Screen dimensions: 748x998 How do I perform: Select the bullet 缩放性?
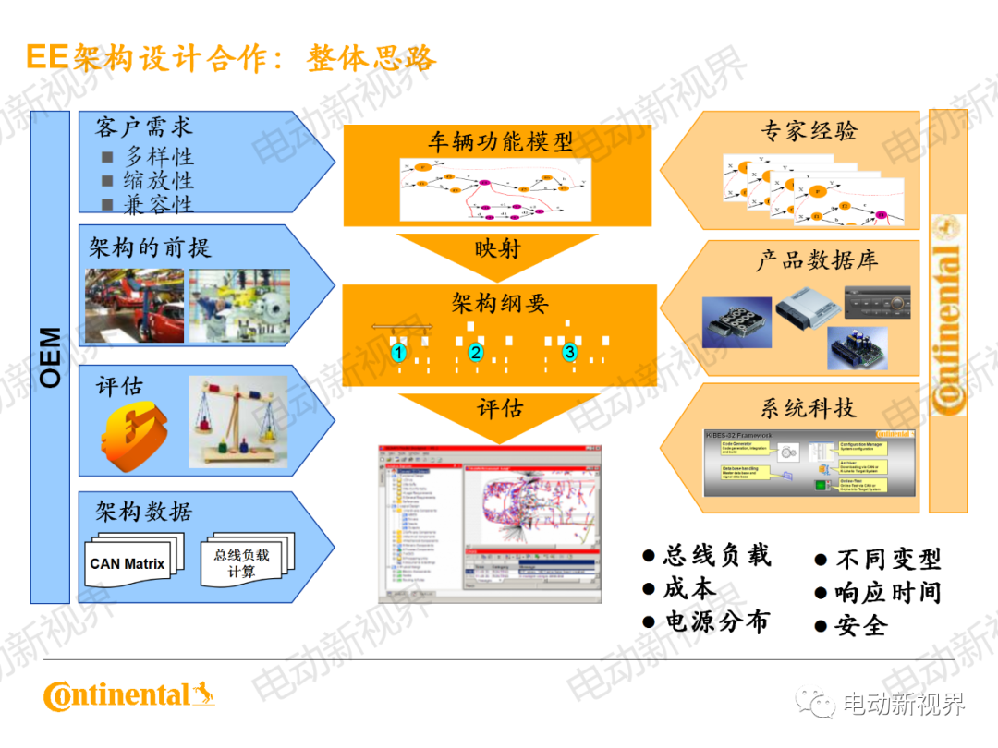point(158,180)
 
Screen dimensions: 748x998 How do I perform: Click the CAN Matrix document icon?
point(128,562)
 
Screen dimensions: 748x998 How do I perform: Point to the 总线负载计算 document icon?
point(242,562)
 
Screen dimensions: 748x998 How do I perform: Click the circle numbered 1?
point(399,353)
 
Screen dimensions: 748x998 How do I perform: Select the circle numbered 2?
point(476,352)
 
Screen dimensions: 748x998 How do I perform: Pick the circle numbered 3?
point(570,352)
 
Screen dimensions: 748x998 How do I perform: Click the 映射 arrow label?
point(497,249)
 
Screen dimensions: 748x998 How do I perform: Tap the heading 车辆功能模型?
point(500,142)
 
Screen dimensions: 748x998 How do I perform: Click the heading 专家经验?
point(809,131)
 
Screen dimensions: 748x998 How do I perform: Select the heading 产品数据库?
point(817,260)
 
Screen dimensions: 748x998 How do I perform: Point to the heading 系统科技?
point(809,407)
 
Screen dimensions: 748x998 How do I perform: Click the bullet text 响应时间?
point(887,593)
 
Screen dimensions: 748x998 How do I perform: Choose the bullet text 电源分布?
point(717,621)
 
